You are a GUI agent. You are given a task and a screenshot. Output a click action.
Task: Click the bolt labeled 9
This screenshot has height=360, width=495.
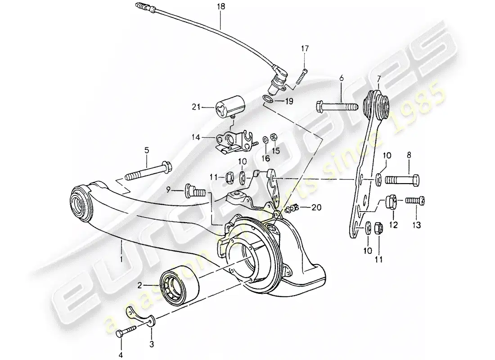[195, 193]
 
